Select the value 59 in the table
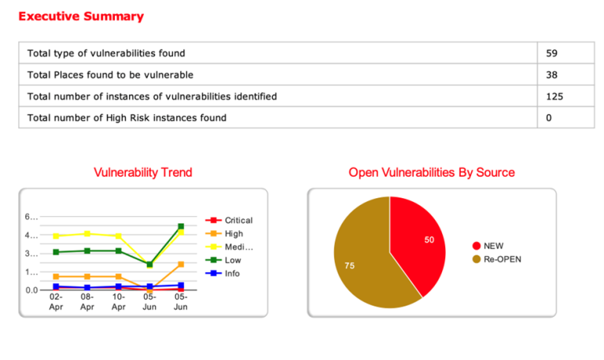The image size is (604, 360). click(x=552, y=53)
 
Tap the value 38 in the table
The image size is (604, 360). click(x=552, y=75)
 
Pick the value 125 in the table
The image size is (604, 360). click(x=555, y=97)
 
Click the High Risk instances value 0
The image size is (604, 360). click(x=549, y=118)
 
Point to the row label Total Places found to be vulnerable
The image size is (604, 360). click(x=110, y=75)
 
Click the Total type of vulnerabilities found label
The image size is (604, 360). click(x=106, y=53)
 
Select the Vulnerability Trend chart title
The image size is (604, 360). click(x=142, y=172)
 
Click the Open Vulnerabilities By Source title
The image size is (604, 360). click(x=431, y=172)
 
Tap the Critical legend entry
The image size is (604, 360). click(x=238, y=220)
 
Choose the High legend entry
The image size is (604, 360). click(x=234, y=233)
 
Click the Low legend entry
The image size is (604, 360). click(x=233, y=260)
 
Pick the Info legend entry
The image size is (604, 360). click(x=232, y=274)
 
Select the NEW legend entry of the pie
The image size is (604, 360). click(x=493, y=245)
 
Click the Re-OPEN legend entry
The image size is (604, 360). click(x=502, y=259)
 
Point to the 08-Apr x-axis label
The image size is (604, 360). click(x=87, y=303)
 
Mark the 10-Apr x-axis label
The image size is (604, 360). click(x=118, y=303)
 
